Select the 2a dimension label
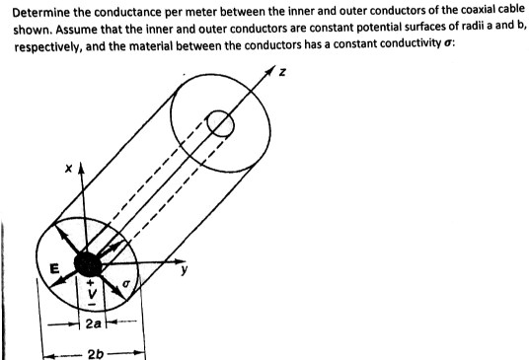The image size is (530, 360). click(x=93, y=322)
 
